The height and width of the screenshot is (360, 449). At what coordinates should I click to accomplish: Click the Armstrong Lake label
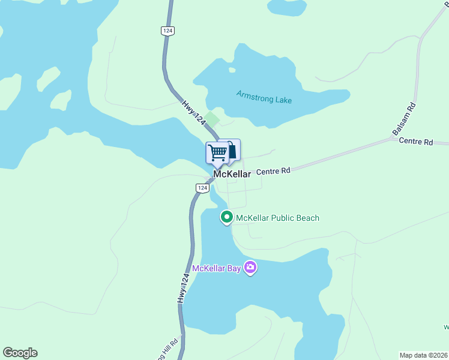(264, 97)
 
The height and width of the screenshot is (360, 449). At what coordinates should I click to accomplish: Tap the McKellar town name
(232, 175)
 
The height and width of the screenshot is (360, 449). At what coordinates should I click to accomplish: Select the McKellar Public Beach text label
(278, 218)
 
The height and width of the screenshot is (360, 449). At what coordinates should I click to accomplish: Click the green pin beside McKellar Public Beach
(226, 217)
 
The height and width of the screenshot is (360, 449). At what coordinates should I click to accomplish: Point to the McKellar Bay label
(216, 268)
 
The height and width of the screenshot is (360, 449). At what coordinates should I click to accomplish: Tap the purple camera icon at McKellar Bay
(250, 268)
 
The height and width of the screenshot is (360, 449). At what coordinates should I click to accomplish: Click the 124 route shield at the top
(167, 31)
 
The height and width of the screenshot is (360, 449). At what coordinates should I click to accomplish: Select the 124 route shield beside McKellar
(202, 188)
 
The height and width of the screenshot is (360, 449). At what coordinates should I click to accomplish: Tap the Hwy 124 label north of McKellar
(194, 112)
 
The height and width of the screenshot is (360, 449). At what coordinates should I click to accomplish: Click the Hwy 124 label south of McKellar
(184, 287)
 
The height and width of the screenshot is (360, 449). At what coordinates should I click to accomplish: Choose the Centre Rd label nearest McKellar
(273, 171)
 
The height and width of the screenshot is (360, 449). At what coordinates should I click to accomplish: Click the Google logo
(20, 353)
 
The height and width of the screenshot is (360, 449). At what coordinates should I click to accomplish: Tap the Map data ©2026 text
(423, 355)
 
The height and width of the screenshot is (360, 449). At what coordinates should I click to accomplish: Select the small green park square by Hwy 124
(211, 119)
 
